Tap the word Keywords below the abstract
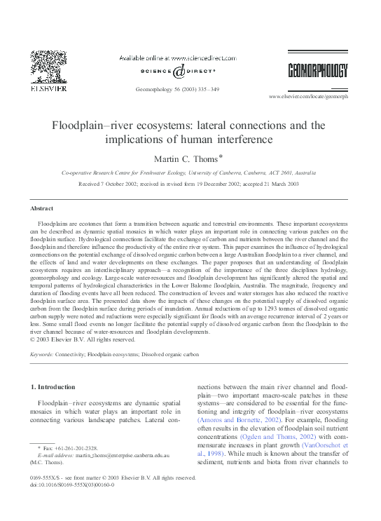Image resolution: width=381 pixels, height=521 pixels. (x=43, y=355)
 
